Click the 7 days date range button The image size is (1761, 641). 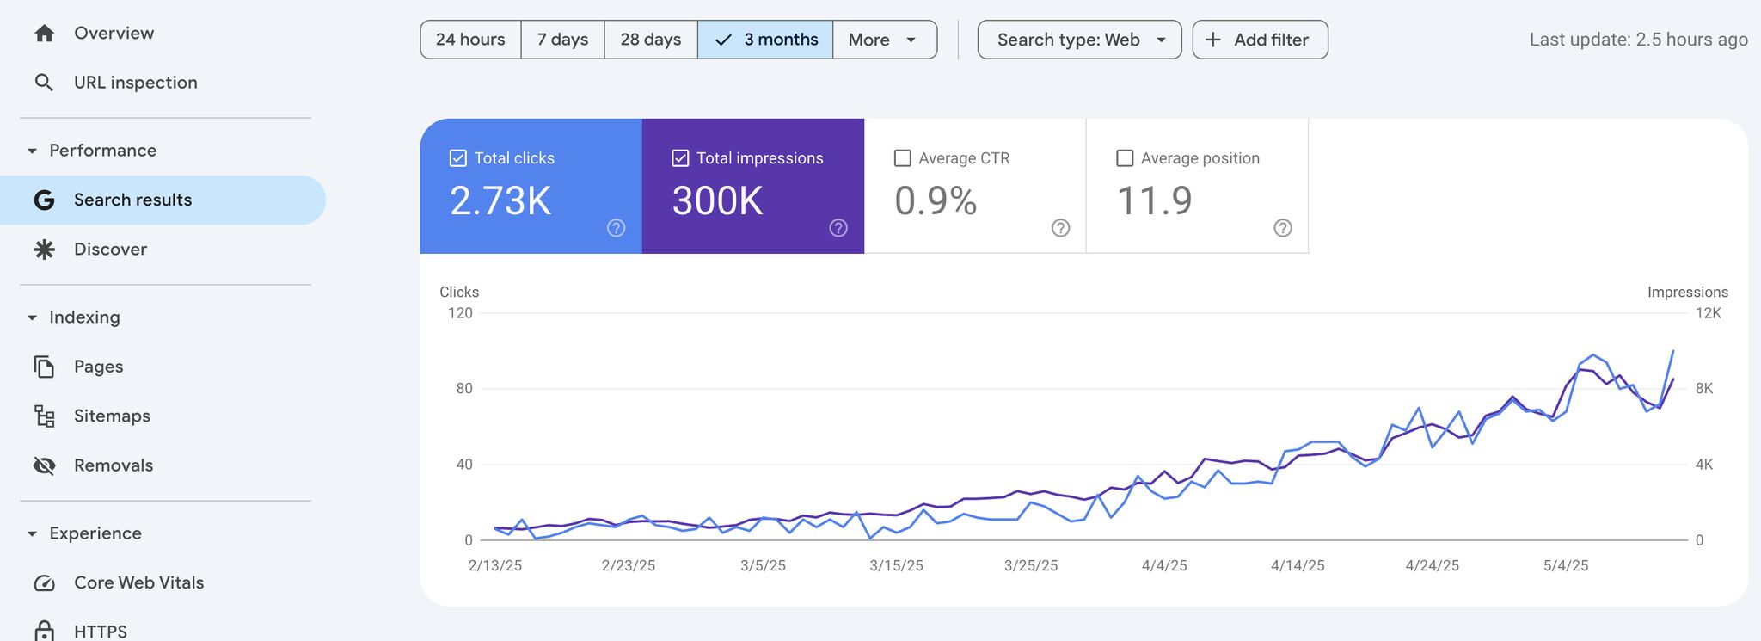coord(562,40)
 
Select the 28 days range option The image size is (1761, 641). coord(650,40)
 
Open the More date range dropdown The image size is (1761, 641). coord(884,40)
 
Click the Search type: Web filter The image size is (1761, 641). coord(1079,40)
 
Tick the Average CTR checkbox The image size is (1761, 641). coord(903,158)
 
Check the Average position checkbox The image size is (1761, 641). coord(1125,158)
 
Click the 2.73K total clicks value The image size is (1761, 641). coord(500,201)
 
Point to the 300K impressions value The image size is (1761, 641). coord(717,201)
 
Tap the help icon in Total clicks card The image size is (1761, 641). coord(616,228)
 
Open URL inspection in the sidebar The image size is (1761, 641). coord(135,83)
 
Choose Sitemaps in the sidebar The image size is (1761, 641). coord(112,416)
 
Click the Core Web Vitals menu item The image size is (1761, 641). coord(138,582)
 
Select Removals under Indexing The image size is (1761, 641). coord(113,465)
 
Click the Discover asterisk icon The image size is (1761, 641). coord(44,250)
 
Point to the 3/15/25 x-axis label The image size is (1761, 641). coord(896,565)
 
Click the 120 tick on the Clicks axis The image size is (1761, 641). coord(460,313)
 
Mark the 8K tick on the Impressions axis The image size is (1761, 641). coord(1703,389)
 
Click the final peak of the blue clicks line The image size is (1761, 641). coord(1673,351)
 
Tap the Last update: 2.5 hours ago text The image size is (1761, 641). coord(1638,40)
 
